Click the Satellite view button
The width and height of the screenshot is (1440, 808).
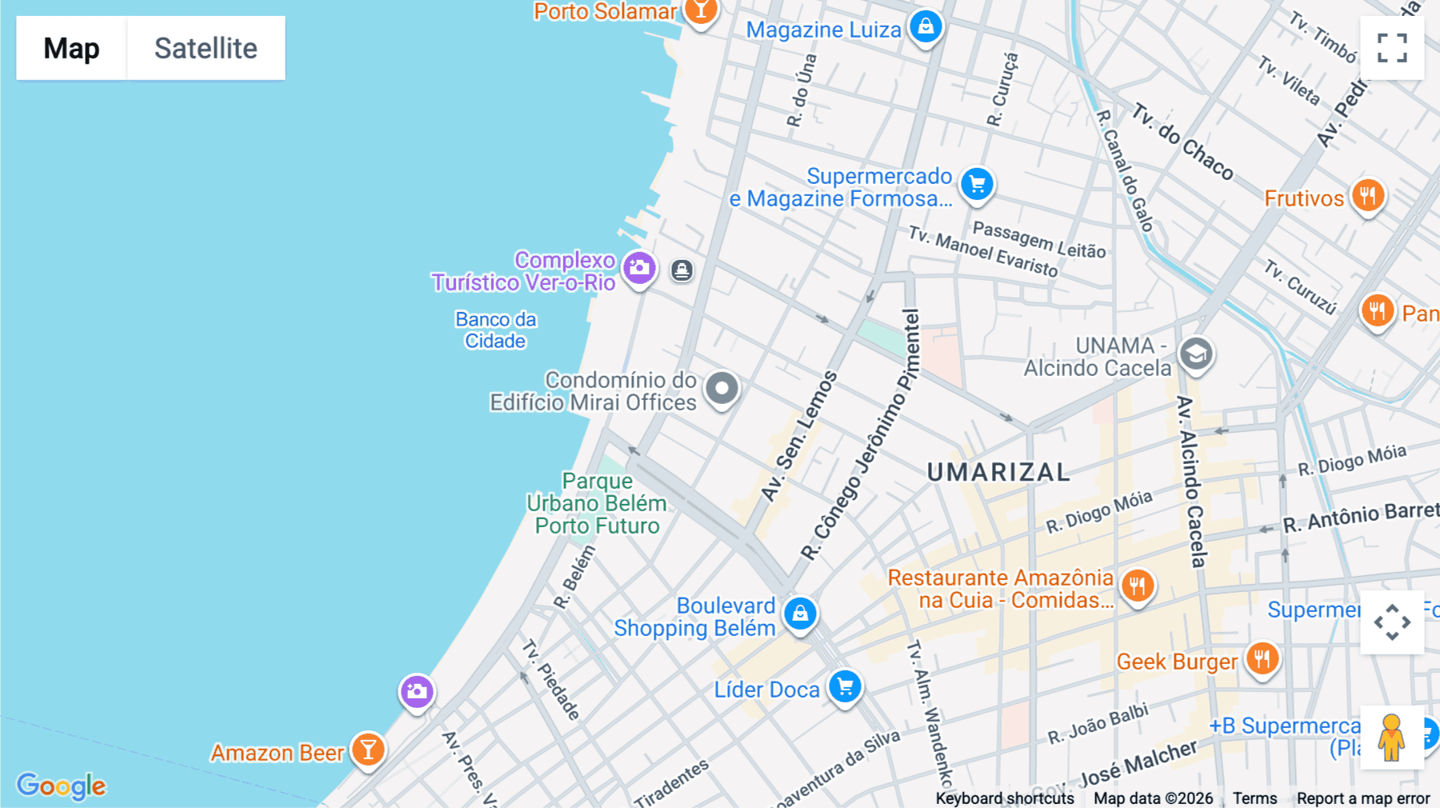(x=206, y=48)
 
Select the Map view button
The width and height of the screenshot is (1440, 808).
(x=72, y=48)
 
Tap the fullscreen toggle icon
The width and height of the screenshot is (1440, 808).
(x=1392, y=48)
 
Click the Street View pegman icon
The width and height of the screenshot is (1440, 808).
(x=1392, y=737)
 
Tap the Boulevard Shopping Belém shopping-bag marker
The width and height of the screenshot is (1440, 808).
(x=800, y=614)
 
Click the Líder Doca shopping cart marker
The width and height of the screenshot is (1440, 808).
(x=845, y=686)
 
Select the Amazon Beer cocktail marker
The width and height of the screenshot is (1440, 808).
(x=368, y=750)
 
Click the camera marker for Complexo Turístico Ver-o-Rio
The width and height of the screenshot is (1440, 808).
(x=639, y=268)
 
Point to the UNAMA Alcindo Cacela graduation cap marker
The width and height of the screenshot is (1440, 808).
(x=1196, y=354)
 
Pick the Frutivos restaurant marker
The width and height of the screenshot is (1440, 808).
(x=1368, y=195)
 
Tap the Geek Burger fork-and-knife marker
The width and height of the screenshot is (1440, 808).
(x=1262, y=659)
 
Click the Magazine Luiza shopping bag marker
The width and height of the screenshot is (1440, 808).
(x=926, y=26)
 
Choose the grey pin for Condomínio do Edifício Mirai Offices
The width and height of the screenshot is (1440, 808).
(x=722, y=389)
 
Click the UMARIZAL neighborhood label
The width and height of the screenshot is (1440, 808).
(x=998, y=472)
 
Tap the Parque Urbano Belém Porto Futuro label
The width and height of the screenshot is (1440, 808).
(x=597, y=503)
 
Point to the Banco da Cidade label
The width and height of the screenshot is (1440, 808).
(x=495, y=330)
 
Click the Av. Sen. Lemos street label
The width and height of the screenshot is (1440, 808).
(x=798, y=437)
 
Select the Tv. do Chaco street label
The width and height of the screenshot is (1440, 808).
(x=1182, y=142)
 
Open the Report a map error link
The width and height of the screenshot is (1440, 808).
(x=1363, y=798)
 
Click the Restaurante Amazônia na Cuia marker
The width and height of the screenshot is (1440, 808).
(x=1137, y=586)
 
